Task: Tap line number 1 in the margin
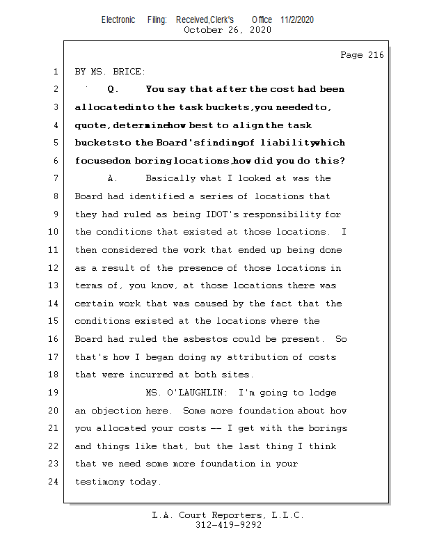[x=54, y=72]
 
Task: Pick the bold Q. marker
[x=114, y=90]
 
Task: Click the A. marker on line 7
[x=112, y=179]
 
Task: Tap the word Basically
[x=170, y=179]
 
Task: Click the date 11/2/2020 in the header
[x=298, y=20]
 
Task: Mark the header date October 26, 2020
[x=228, y=30]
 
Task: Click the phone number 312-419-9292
[x=228, y=525]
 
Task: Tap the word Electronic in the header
[x=118, y=20]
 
